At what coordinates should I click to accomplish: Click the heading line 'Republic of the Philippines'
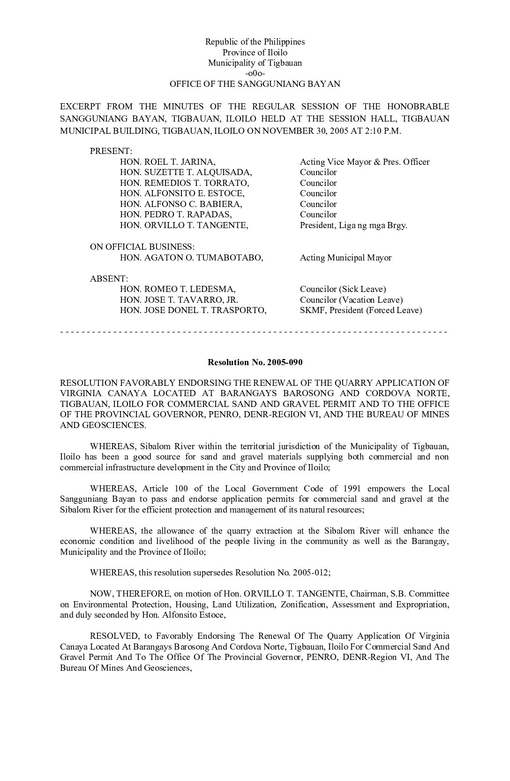click(x=255, y=42)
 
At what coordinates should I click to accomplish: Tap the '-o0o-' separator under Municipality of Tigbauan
click(x=255, y=74)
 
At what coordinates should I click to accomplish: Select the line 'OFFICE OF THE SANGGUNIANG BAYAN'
click(x=255, y=84)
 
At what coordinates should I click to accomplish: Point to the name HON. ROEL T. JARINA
click(x=168, y=162)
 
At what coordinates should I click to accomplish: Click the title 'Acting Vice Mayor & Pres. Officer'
click(x=365, y=162)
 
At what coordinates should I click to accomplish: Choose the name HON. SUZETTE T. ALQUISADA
click(x=186, y=172)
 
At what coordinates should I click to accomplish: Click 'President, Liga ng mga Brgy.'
click(x=353, y=225)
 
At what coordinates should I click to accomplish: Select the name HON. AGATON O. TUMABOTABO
click(x=192, y=258)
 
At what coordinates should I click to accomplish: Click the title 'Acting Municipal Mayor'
click(x=345, y=258)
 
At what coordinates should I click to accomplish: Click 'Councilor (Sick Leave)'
click(x=343, y=289)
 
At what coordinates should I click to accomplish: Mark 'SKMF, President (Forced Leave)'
click(x=361, y=310)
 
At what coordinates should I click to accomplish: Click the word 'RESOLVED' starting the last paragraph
click(x=114, y=636)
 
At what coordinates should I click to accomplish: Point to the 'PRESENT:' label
click(x=111, y=151)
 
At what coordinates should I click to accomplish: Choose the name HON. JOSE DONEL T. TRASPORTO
click(x=193, y=310)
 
